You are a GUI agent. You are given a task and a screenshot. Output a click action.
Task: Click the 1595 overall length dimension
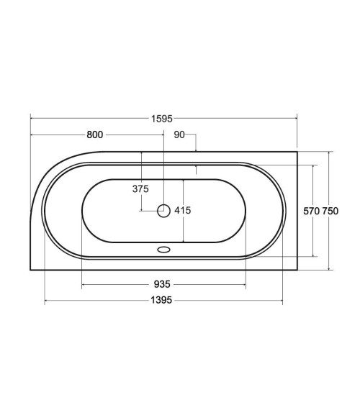(162, 119)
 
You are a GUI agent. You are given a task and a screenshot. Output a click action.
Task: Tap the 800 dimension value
(95, 135)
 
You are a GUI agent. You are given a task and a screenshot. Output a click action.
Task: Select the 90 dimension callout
(179, 135)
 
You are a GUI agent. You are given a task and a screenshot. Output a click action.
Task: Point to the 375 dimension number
(140, 189)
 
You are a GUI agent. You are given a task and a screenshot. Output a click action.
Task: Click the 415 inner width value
(183, 211)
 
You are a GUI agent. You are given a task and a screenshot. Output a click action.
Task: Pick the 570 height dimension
(312, 211)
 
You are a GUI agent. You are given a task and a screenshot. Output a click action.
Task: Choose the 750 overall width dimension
(330, 211)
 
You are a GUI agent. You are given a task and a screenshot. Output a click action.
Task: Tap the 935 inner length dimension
(162, 284)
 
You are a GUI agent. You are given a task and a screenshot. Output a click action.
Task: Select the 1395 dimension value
(161, 300)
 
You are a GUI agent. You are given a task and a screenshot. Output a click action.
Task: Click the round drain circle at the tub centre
(163, 211)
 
